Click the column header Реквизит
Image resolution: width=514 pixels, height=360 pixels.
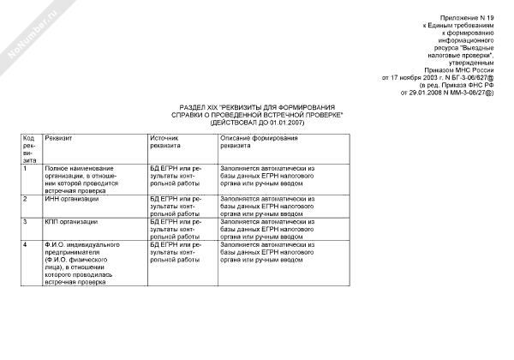(60, 137)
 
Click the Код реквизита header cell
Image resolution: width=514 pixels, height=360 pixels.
(28, 147)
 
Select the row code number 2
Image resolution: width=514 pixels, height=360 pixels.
(25, 199)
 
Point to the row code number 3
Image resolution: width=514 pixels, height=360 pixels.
(25, 222)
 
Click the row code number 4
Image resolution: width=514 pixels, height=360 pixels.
(25, 245)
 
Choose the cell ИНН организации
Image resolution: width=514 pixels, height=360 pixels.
(72, 199)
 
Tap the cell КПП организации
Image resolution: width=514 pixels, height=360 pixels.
(72, 222)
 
